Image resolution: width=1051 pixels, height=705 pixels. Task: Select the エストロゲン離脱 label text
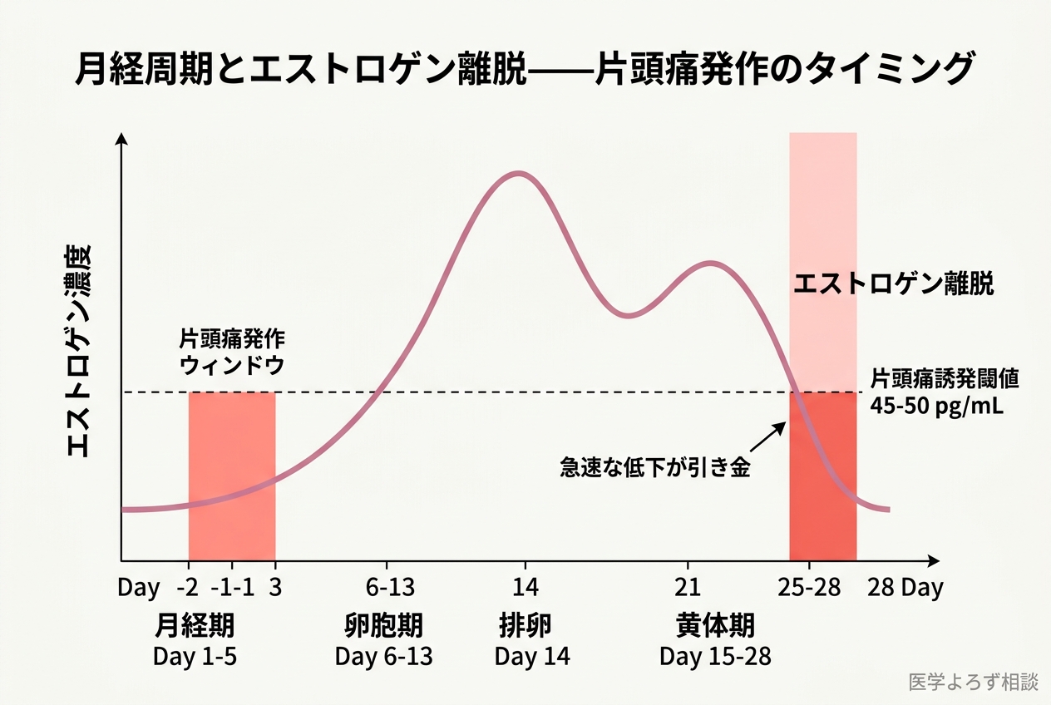pyautogui.click(x=893, y=284)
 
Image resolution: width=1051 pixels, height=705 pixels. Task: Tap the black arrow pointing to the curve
pyautogui.click(x=771, y=436)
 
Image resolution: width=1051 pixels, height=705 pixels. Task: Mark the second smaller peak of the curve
pyautogui.click(x=711, y=263)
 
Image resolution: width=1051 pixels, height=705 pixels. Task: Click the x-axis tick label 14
pyautogui.click(x=525, y=588)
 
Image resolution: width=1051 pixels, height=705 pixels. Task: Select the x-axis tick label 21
pyautogui.click(x=688, y=588)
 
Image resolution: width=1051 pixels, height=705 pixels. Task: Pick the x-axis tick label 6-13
pyautogui.click(x=390, y=588)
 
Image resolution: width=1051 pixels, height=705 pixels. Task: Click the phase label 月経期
pyautogui.click(x=195, y=624)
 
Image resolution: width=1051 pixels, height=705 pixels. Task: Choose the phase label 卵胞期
pyautogui.click(x=383, y=624)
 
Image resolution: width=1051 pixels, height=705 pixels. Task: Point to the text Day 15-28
pyautogui.click(x=715, y=657)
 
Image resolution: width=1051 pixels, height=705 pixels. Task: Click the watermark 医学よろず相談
pyautogui.click(x=974, y=682)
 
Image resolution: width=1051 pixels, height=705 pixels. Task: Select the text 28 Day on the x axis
pyautogui.click(x=905, y=588)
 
